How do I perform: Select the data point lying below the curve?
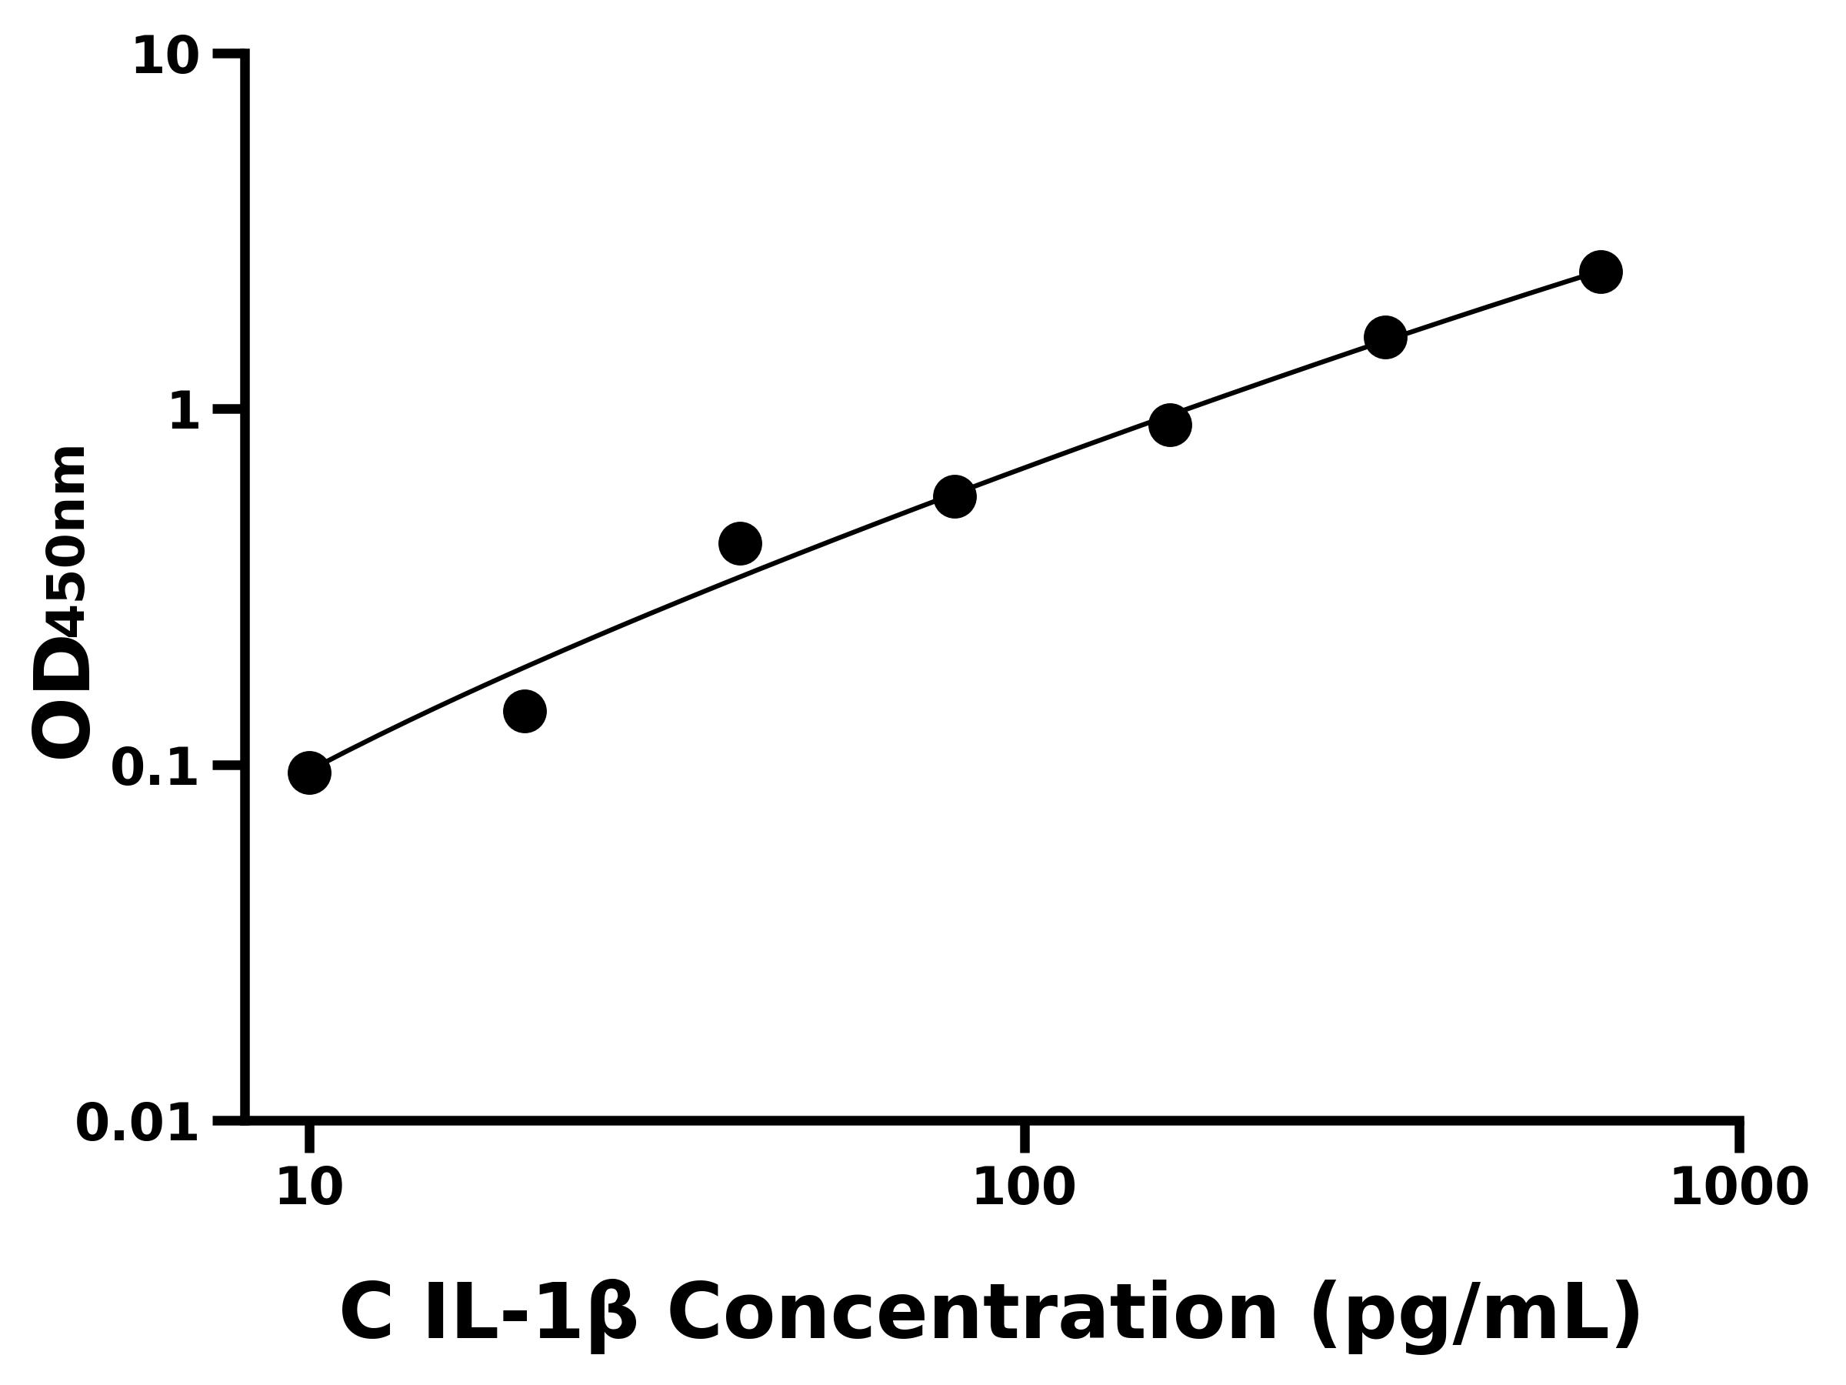[524, 711]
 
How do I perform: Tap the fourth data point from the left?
[955, 497]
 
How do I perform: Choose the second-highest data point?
[1385, 337]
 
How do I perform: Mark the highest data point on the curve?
[1601, 272]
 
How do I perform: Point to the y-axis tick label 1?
[185, 413]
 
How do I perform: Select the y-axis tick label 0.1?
[155, 768]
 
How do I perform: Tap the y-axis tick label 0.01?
[138, 1123]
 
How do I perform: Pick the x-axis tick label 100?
[1024, 1188]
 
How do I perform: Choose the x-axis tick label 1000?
[1739, 1188]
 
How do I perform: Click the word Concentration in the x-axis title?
[972, 1315]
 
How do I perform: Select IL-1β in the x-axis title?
[530, 1315]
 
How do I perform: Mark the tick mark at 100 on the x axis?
[1025, 1136]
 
